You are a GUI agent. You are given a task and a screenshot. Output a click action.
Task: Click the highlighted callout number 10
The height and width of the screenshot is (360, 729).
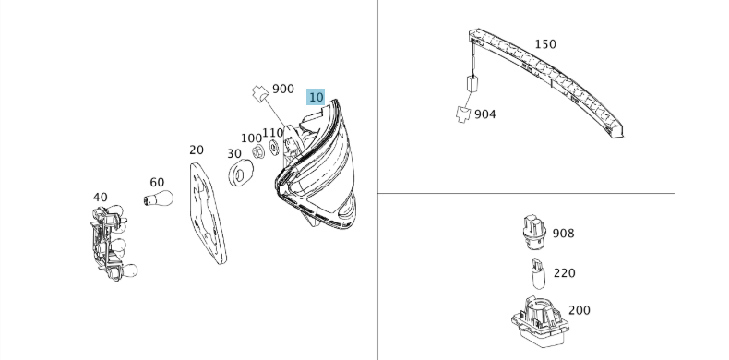(x=316, y=98)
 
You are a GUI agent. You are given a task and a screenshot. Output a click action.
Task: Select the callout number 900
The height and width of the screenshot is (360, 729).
(x=283, y=89)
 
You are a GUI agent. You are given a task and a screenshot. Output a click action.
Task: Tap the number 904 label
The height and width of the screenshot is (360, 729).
(x=484, y=114)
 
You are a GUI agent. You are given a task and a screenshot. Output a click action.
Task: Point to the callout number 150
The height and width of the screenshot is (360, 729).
(x=545, y=44)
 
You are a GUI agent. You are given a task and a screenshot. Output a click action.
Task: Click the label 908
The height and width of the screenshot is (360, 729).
(x=564, y=233)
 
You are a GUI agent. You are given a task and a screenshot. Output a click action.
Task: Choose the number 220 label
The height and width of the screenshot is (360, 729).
(x=565, y=273)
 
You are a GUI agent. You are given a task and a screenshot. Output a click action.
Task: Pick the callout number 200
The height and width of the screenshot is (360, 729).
(x=580, y=310)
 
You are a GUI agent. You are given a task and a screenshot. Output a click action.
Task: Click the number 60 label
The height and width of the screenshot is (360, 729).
(x=157, y=183)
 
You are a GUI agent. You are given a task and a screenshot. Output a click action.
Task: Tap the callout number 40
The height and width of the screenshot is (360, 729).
(x=100, y=198)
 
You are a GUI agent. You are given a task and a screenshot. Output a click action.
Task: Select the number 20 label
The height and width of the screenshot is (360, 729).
(x=197, y=150)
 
